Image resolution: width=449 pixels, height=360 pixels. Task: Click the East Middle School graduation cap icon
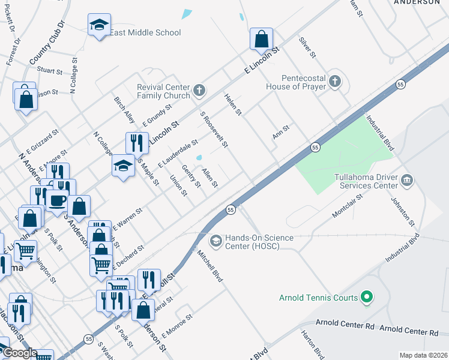coord(97,25)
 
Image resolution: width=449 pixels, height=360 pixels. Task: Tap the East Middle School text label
coord(145,32)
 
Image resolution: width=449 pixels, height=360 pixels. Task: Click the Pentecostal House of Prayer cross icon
coord(335,81)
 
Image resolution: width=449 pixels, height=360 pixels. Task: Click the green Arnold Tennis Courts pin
coord(368,297)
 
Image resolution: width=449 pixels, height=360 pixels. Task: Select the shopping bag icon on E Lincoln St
coord(261,40)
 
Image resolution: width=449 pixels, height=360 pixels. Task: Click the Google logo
coord(19,353)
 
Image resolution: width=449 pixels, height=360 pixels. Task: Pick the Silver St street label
coord(307,47)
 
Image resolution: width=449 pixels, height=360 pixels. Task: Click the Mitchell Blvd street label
coord(209,266)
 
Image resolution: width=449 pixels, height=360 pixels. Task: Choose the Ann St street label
coord(281,131)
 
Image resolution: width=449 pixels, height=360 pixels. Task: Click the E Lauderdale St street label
coord(178,154)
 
